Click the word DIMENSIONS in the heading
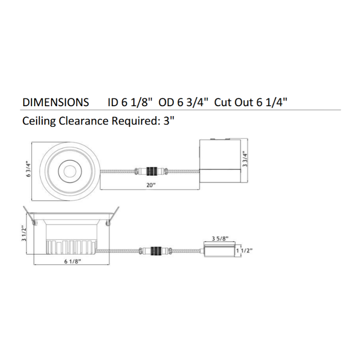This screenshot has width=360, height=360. pyautogui.click(x=55, y=102)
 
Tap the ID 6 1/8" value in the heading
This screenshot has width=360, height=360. pyautogui.click(x=130, y=102)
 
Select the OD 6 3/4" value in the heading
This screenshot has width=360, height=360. pyautogui.click(x=184, y=102)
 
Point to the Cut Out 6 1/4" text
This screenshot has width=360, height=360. pyautogui.click(x=251, y=102)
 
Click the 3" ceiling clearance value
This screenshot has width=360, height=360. pyautogui.click(x=169, y=121)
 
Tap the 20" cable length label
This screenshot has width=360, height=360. pyautogui.click(x=151, y=185)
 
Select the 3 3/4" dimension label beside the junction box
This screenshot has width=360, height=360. pyautogui.click(x=245, y=159)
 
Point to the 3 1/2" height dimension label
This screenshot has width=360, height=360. pyautogui.click(x=24, y=234)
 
